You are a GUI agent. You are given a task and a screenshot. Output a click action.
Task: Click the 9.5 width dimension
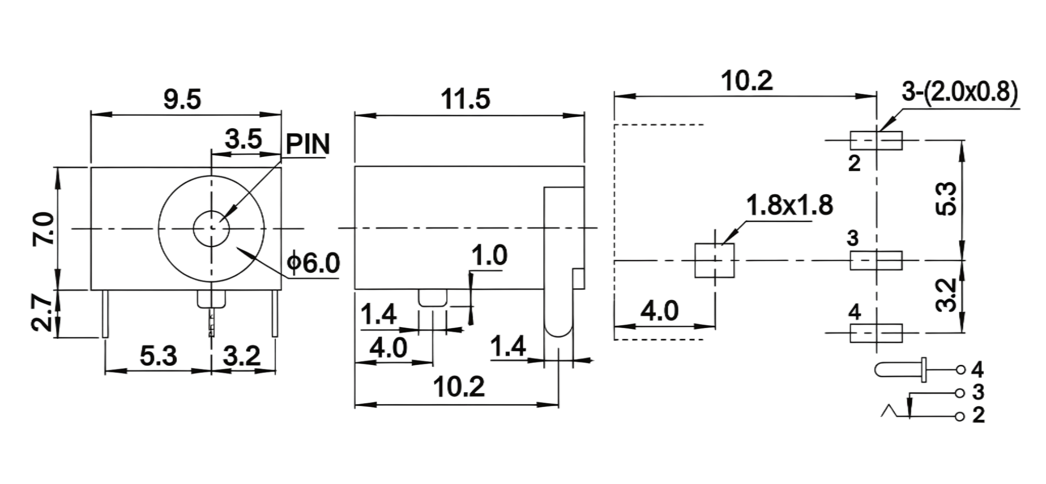(x=182, y=99)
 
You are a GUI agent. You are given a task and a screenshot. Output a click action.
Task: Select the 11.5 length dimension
(x=465, y=99)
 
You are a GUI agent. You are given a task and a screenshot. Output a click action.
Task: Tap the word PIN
(x=308, y=144)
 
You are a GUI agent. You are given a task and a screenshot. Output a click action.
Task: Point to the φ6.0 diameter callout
(x=313, y=263)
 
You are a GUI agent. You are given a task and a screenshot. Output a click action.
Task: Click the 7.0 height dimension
(x=44, y=229)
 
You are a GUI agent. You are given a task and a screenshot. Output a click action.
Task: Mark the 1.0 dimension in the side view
(x=489, y=255)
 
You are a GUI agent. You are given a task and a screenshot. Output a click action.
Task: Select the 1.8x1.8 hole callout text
(x=789, y=205)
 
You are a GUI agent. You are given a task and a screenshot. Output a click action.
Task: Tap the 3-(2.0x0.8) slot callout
(x=960, y=93)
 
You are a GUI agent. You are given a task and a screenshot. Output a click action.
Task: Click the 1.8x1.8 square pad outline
(x=714, y=260)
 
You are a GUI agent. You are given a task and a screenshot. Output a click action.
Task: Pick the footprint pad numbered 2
(x=876, y=141)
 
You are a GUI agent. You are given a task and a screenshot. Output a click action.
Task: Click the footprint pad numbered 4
(x=876, y=333)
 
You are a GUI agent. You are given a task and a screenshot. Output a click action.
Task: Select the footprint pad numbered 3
(x=876, y=260)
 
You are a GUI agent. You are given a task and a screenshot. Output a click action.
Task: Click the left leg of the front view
(x=105, y=314)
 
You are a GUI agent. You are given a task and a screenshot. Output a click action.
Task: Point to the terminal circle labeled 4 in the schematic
(x=961, y=370)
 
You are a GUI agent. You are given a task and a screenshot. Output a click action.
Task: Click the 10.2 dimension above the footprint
(x=747, y=81)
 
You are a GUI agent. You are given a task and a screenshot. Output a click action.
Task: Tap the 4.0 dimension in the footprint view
(x=660, y=311)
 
